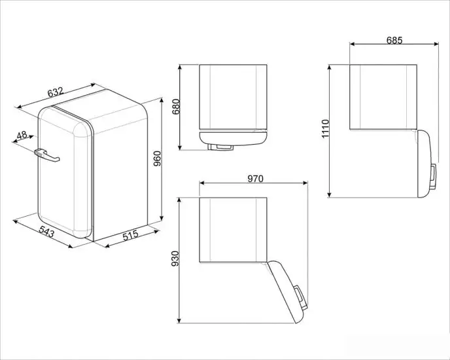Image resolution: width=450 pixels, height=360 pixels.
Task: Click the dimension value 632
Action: (x=56, y=92)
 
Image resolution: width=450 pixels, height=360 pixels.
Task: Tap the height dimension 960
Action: (x=157, y=158)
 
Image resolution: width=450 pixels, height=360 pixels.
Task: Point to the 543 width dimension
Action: (x=46, y=232)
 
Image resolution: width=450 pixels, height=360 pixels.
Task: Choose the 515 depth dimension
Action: (x=130, y=235)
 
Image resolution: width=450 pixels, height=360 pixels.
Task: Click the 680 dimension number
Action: (x=176, y=107)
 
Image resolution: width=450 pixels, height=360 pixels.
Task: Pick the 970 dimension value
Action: (x=255, y=179)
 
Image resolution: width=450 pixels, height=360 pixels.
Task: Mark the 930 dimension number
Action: (x=175, y=259)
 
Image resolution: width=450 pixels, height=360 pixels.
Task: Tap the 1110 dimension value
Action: (x=325, y=129)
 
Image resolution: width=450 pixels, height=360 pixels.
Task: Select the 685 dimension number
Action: (x=394, y=41)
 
